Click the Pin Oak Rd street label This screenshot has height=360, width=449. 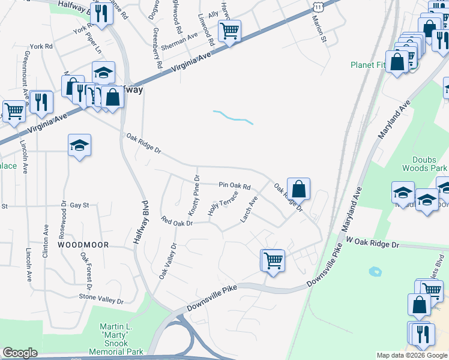pyautogui.click(x=234, y=186)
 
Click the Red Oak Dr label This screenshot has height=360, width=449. pyautogui.click(x=176, y=222)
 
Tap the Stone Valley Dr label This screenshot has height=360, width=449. pyautogui.click(x=101, y=298)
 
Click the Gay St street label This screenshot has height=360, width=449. pyautogui.click(x=79, y=205)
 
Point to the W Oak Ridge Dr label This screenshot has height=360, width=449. pyautogui.click(x=372, y=242)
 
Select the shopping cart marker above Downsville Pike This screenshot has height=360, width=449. pyautogui.click(x=273, y=260)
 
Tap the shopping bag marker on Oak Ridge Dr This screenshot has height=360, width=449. pyautogui.click(x=298, y=188)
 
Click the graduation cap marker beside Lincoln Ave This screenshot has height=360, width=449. pyautogui.click(x=79, y=145)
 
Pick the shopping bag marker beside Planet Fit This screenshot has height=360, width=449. pyautogui.click(x=397, y=61)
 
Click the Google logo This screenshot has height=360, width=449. pyautogui.click(x=20, y=353)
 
